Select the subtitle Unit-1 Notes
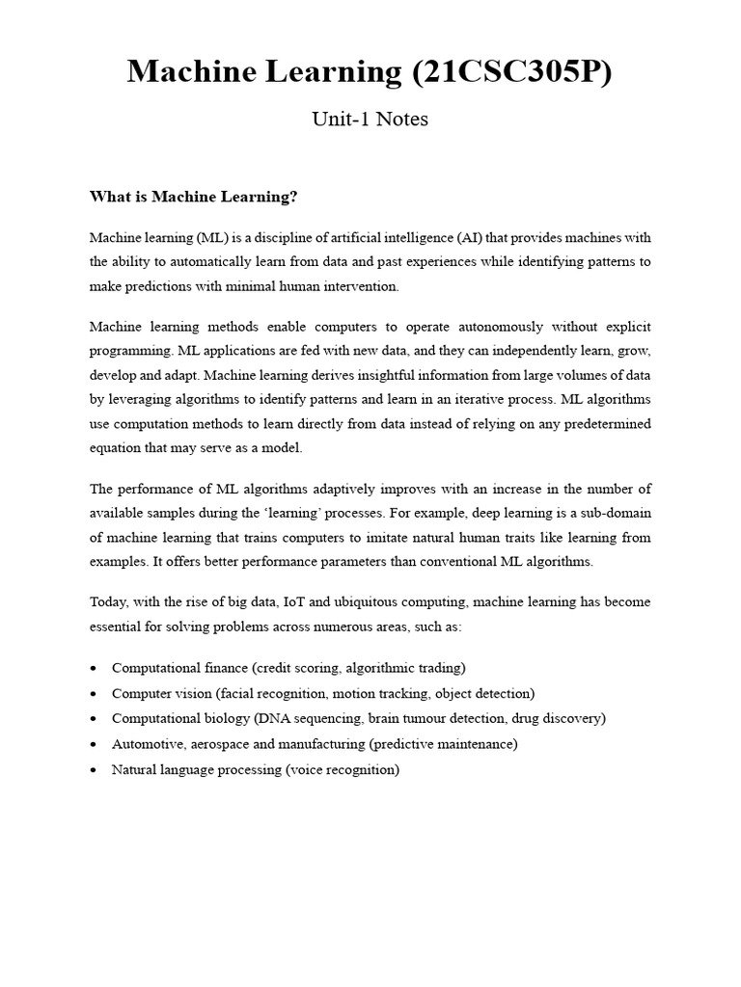click(x=370, y=120)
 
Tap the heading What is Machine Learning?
click(x=194, y=197)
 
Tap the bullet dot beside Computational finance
click(x=93, y=668)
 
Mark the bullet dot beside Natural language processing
click(x=93, y=770)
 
